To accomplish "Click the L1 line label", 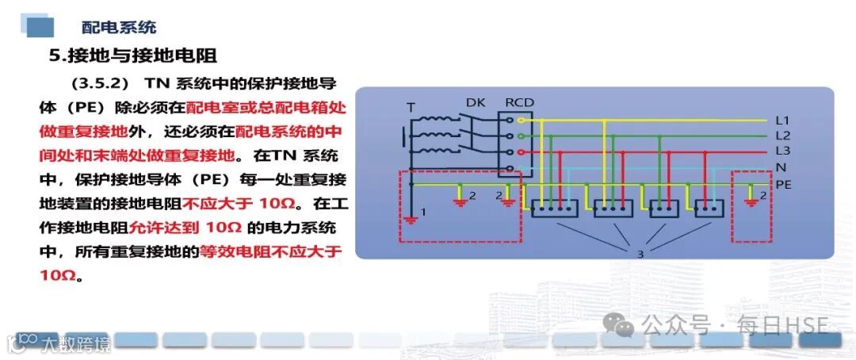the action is tap(782, 121).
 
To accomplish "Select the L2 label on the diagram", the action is tap(782, 136).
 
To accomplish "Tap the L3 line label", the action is tap(782, 151).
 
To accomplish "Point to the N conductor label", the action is tap(781, 168).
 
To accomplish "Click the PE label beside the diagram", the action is tap(783, 184).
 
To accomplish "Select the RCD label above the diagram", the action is tap(519, 102).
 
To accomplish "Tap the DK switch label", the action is tap(476, 102).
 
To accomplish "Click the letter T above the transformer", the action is tap(411, 106).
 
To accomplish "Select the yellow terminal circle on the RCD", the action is tap(521, 121).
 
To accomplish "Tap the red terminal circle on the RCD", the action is tap(521, 151).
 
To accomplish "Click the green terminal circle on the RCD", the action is tap(521, 136).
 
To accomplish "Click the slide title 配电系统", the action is tap(119, 26).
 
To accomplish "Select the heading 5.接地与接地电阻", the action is tap(133, 56).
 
